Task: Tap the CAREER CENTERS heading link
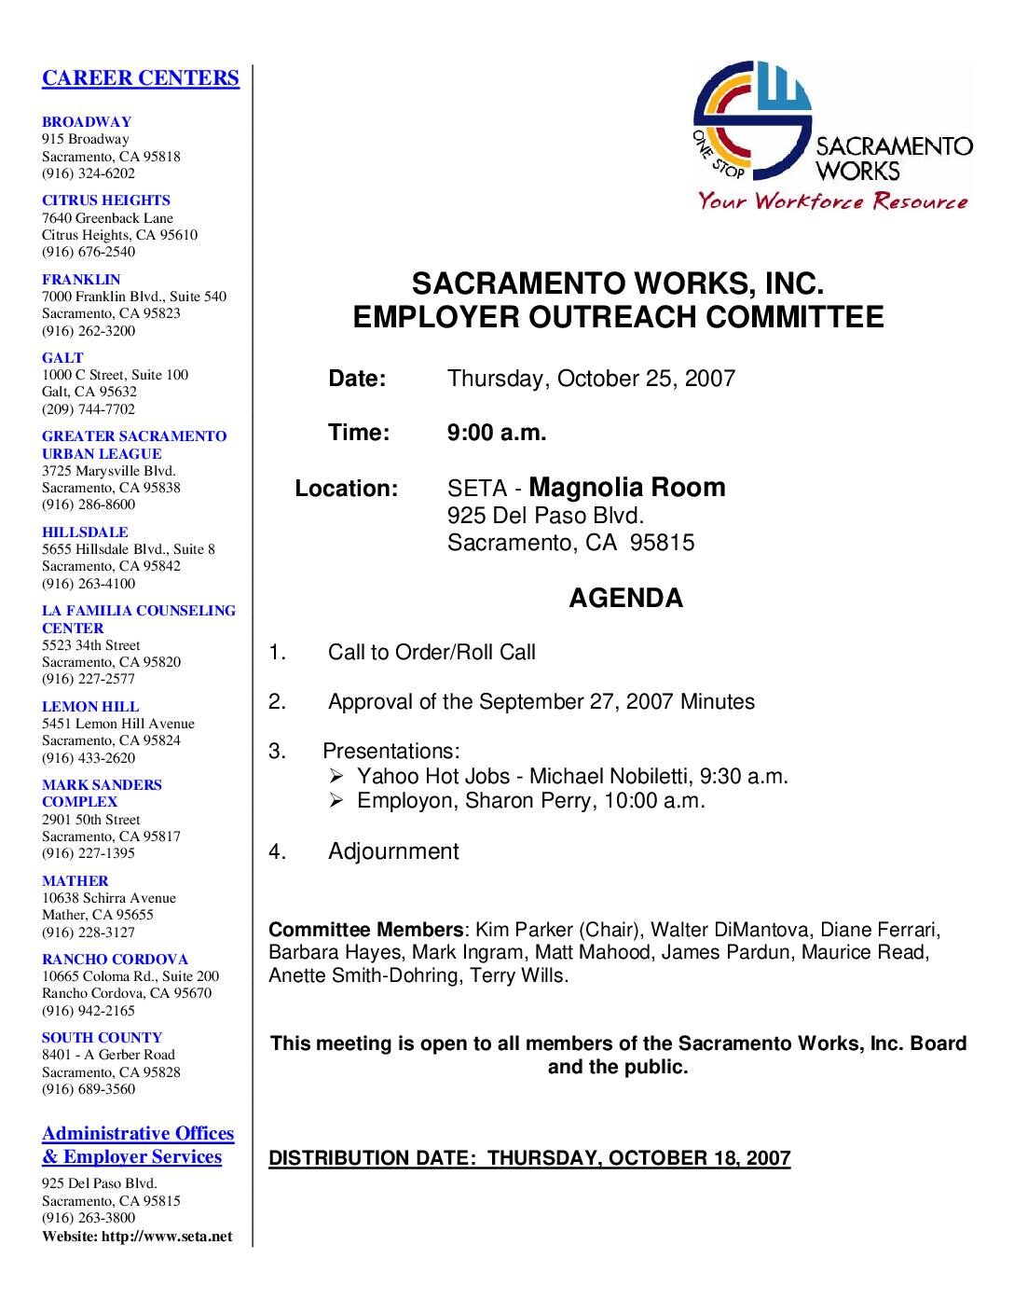point(141,78)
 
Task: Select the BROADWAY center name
point(87,121)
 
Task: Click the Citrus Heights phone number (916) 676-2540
point(89,252)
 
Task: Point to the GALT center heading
point(62,357)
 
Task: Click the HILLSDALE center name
point(85,532)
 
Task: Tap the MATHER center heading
point(75,880)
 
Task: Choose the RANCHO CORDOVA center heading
point(115,959)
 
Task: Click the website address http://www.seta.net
point(171,1237)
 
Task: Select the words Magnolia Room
point(626,487)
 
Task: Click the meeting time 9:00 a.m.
point(497,433)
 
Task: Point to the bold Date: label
point(357,379)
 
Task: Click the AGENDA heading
point(625,598)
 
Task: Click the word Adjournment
point(393,851)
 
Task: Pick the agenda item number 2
point(277,701)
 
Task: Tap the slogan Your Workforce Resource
point(833,201)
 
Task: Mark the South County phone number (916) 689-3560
point(89,1089)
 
